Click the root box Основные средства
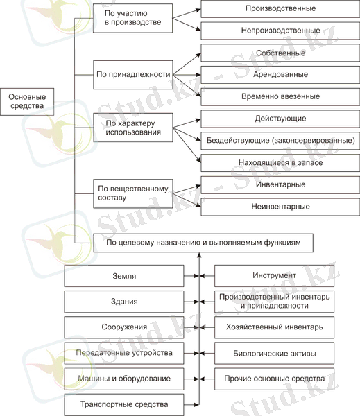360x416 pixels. [x=27, y=102]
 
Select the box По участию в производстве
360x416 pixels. [x=132, y=18]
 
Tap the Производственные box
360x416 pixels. [x=280, y=9]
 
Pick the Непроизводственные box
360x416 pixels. [x=280, y=31]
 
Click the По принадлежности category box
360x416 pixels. [x=133, y=75]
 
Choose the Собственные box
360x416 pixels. [x=280, y=53]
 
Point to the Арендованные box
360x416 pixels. [x=280, y=75]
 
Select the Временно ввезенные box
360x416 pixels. [x=280, y=97]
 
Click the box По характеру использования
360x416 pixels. [x=133, y=128]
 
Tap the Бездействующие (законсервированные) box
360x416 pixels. [x=280, y=141]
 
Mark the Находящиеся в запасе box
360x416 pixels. [x=280, y=163]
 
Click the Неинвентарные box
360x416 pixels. [x=280, y=207]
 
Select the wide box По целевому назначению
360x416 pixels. [x=203, y=243]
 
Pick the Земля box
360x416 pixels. [x=124, y=276]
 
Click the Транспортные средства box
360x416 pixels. [x=124, y=405]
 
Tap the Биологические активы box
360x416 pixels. [x=274, y=353]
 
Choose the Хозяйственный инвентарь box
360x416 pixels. [x=274, y=327]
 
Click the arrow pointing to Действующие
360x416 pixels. [x=187, y=123]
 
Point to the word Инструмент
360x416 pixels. [x=274, y=275]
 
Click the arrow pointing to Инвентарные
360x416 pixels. [x=187, y=189]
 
